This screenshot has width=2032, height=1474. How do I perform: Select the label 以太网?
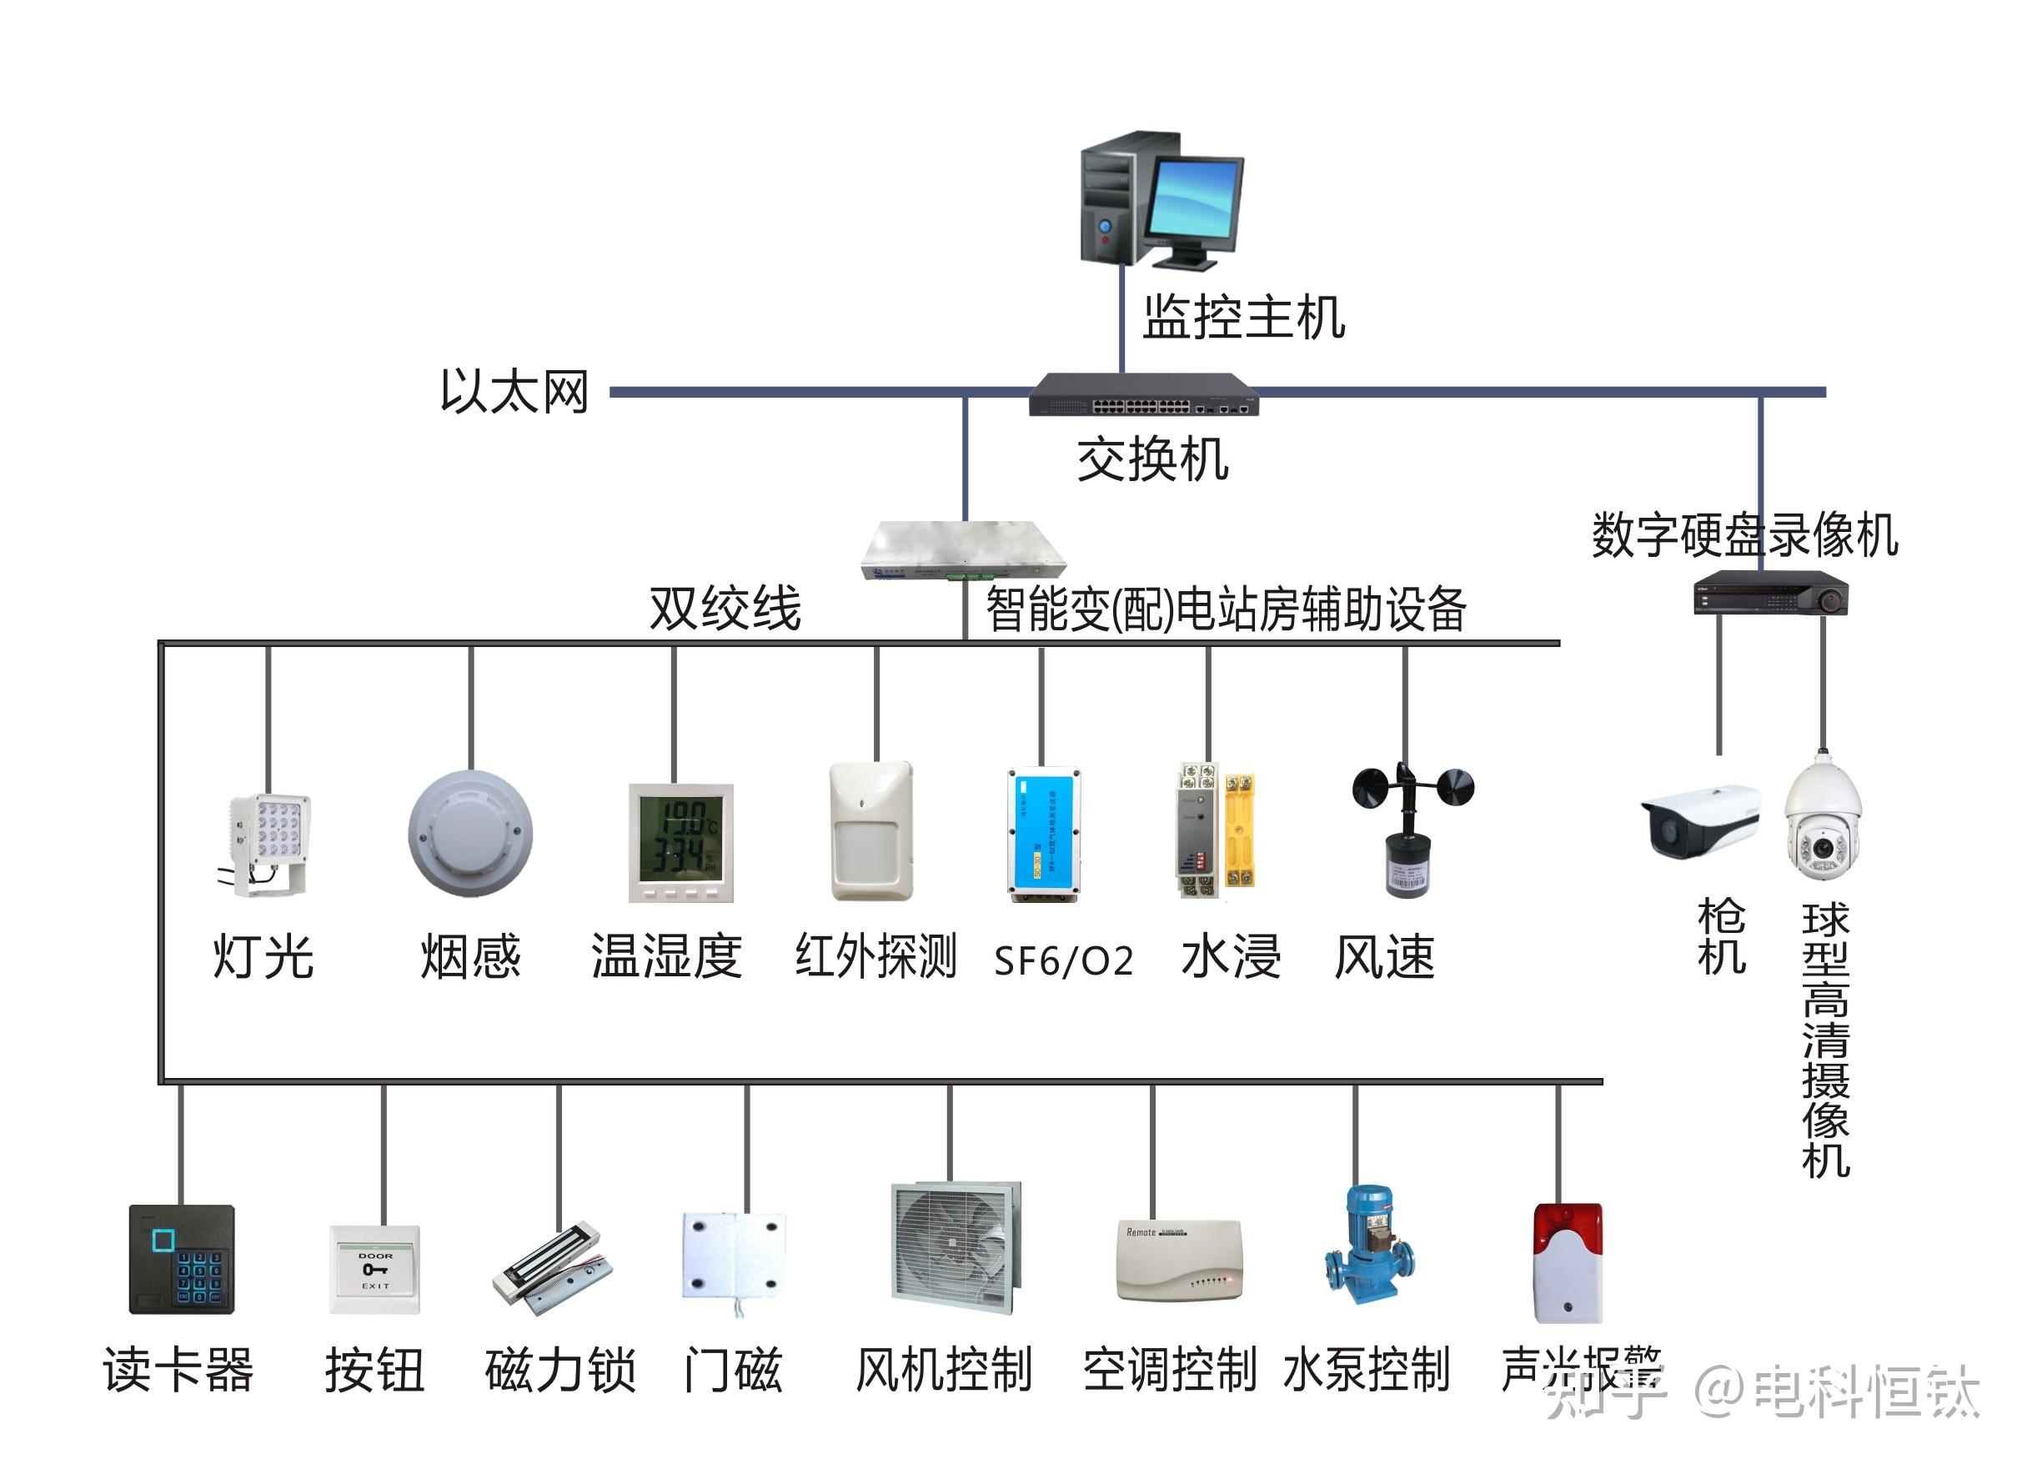[x=514, y=392]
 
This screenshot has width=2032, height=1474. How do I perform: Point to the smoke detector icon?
[x=470, y=834]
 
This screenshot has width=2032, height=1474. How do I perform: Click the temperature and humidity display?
[x=681, y=842]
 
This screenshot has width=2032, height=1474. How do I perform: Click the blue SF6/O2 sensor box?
[x=1043, y=834]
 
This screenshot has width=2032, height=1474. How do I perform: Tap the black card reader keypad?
[x=182, y=1259]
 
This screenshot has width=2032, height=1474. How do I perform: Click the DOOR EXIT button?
[x=374, y=1270]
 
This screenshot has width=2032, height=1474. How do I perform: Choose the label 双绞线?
[x=725, y=609]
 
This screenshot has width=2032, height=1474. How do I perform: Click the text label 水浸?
[x=1231, y=957]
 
